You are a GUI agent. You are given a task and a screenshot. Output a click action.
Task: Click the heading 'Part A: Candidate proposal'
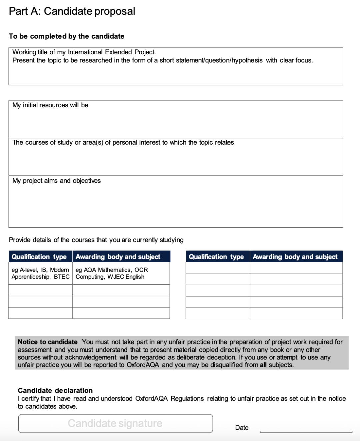click(72, 11)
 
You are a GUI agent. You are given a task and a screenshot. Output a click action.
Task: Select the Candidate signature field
click(115, 423)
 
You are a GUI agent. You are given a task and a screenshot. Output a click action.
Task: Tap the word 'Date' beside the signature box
click(242, 428)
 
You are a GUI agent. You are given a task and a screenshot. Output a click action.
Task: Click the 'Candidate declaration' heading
click(55, 390)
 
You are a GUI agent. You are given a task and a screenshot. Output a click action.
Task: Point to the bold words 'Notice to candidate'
click(48, 342)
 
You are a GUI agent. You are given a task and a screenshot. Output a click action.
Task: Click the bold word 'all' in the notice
click(263, 365)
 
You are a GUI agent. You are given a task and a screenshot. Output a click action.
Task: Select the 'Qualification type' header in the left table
click(39, 257)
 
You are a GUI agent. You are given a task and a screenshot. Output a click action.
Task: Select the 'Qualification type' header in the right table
click(216, 257)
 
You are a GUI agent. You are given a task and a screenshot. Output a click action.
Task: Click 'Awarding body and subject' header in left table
click(118, 257)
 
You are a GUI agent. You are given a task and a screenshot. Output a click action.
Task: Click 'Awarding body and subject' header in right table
click(295, 257)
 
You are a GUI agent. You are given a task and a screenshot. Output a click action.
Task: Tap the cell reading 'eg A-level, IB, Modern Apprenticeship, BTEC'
click(40, 273)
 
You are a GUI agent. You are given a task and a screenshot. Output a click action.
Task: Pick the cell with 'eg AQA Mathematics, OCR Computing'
click(112, 273)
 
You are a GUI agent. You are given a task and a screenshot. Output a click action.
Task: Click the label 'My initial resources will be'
click(50, 105)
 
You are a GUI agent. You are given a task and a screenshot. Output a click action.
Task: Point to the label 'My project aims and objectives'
click(57, 181)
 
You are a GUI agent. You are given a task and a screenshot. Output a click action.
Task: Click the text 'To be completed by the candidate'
click(67, 36)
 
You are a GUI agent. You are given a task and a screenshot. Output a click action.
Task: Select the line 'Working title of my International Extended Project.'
click(84, 52)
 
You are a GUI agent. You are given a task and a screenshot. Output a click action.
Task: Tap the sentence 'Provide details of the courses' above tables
click(96, 240)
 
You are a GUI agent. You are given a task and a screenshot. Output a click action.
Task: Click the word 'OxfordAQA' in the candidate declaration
click(151, 398)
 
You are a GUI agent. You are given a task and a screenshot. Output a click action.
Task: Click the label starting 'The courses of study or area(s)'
click(123, 142)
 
